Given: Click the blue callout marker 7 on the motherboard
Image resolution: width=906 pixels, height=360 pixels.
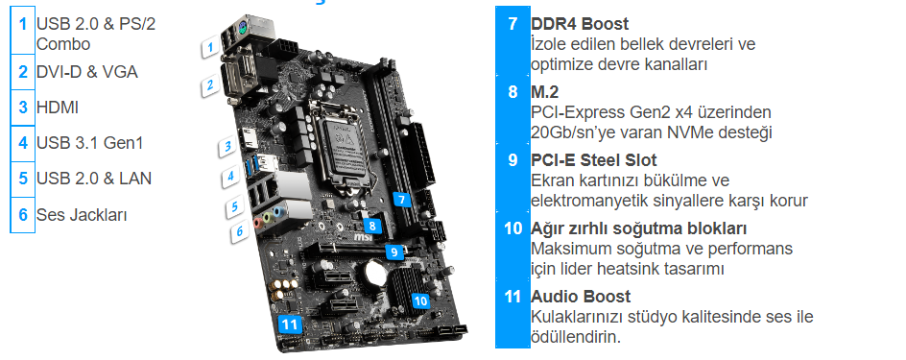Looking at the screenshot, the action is [401, 200].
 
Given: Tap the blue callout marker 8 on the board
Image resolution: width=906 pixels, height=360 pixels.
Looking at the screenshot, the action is [373, 226].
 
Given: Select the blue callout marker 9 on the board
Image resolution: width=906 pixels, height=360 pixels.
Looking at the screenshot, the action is [393, 252].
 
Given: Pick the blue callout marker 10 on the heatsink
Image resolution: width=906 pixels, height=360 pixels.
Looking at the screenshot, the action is [420, 300].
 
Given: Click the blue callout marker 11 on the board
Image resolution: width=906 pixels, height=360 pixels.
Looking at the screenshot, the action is [290, 324].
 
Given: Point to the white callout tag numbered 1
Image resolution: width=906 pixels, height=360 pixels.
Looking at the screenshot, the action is [211, 47].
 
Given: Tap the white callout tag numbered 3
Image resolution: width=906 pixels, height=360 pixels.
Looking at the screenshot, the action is [228, 147].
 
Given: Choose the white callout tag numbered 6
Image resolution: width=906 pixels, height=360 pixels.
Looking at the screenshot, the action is [239, 231].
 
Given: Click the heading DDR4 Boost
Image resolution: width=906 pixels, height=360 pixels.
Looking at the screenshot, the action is [580, 24].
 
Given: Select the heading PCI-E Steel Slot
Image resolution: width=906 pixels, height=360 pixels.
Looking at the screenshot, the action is [594, 160].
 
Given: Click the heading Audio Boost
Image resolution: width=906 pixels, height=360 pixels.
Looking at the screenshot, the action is [581, 297].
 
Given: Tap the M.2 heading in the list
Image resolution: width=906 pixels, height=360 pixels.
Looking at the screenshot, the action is [545, 92].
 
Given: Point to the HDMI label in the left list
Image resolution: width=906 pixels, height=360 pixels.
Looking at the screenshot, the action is [58, 108].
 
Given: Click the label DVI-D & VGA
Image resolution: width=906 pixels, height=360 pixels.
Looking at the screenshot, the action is [87, 72].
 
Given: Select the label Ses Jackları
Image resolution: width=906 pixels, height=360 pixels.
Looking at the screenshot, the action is [82, 215].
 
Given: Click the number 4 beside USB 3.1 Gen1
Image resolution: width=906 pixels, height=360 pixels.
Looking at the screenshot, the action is [22, 142].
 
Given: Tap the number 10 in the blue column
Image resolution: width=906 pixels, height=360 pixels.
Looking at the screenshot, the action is [513, 228].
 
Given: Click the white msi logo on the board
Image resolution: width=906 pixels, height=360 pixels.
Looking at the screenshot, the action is [362, 237].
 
